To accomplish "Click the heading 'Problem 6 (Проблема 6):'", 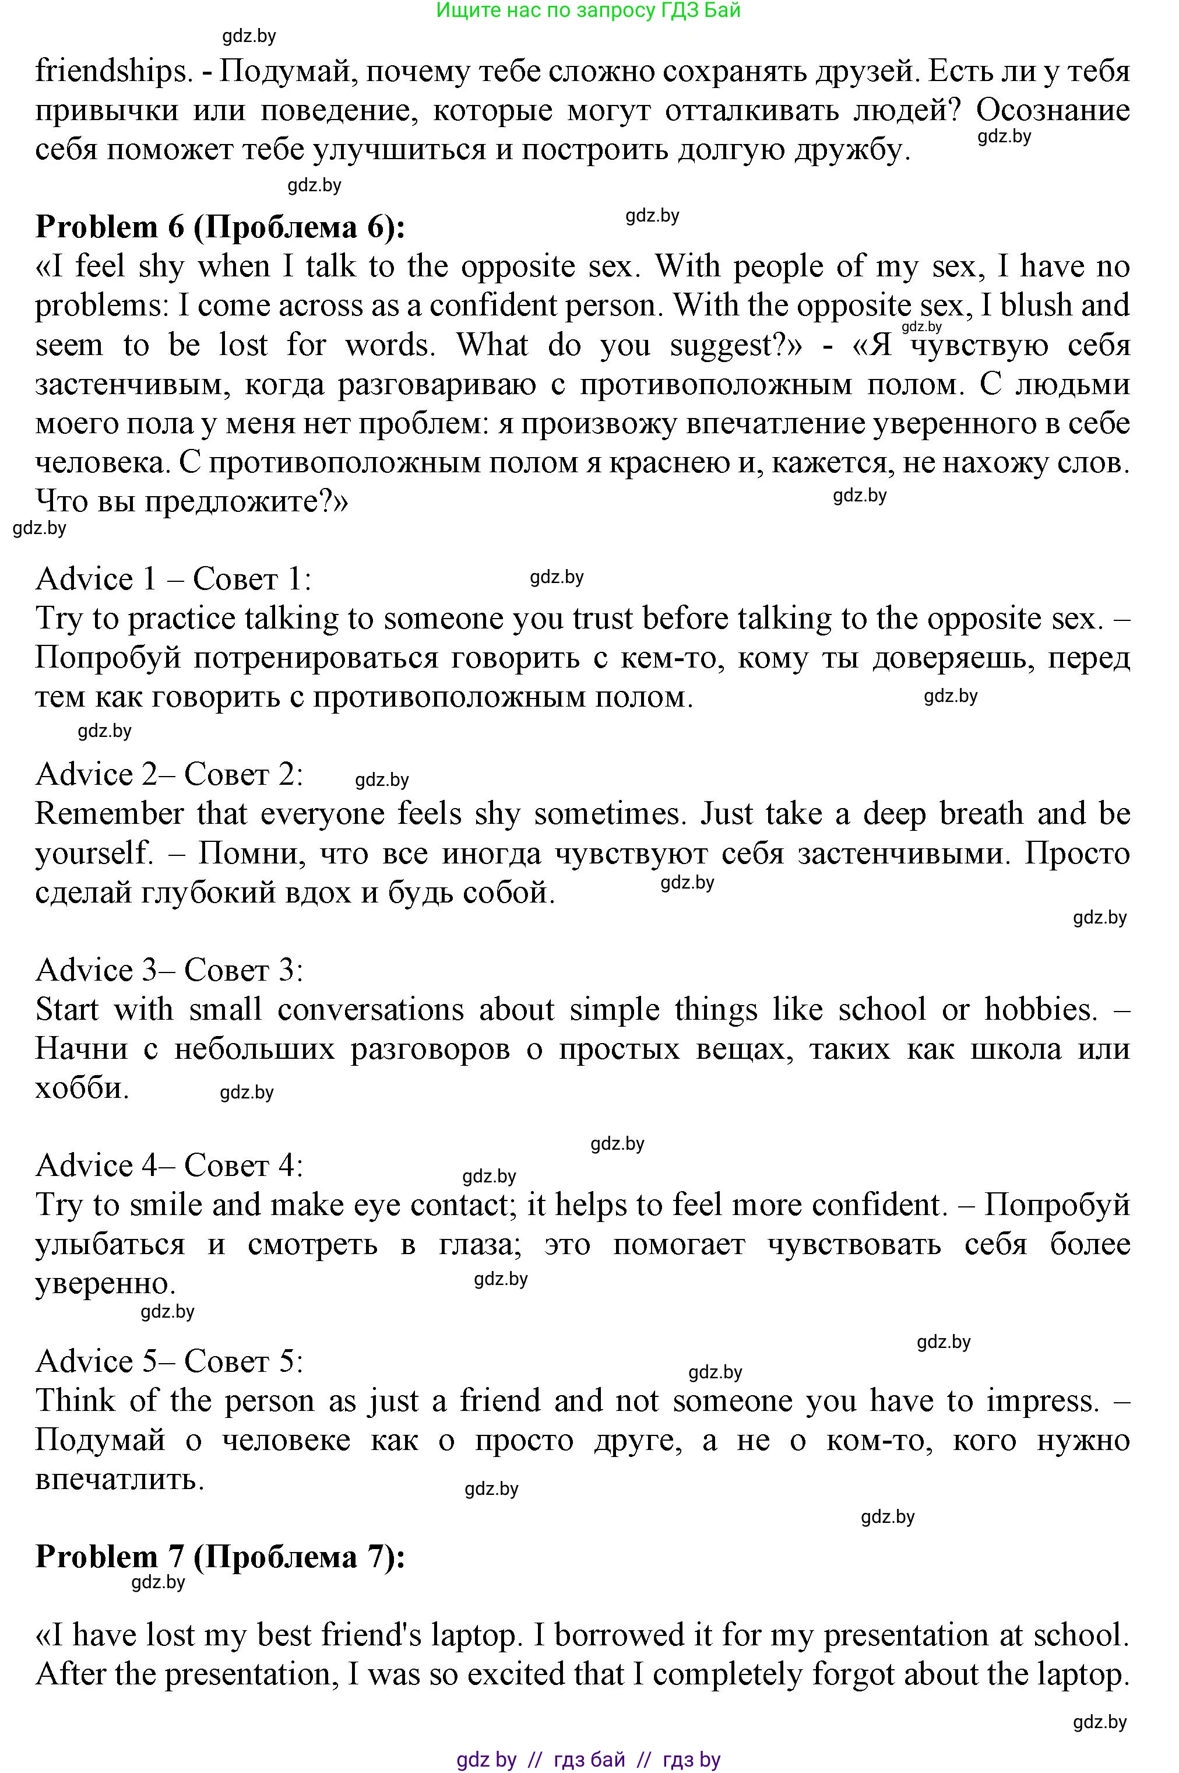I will [220, 227].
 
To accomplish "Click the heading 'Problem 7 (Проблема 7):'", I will [220, 1556].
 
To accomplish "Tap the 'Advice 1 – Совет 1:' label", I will [173, 579].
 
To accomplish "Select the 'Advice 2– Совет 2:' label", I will [169, 774].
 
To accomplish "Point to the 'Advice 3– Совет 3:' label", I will [169, 970].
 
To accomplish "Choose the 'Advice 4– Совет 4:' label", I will [169, 1165].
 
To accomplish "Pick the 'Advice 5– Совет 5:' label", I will [169, 1361].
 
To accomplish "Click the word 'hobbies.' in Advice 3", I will [1041, 1009].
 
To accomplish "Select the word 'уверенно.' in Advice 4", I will [105, 1283].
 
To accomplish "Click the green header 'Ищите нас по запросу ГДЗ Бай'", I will [589, 10].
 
